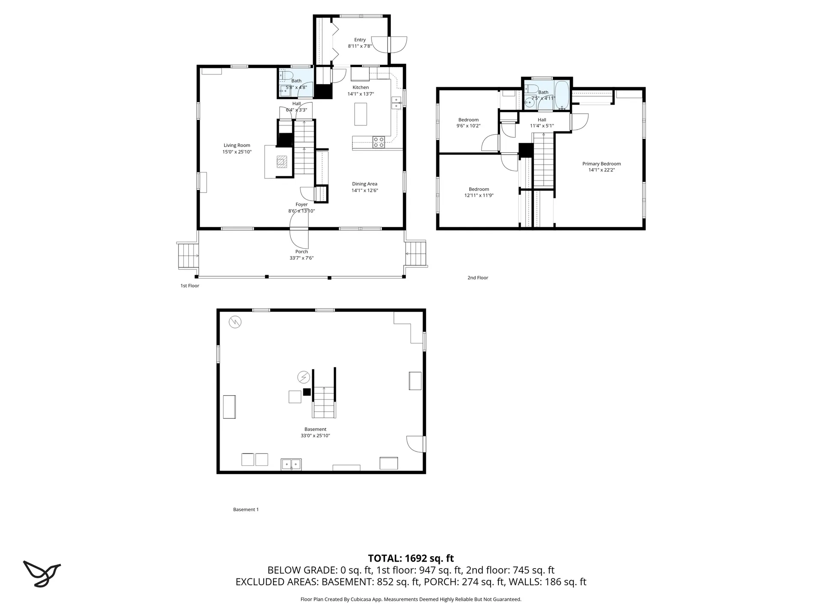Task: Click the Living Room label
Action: (x=237, y=145)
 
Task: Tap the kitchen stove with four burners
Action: (x=378, y=142)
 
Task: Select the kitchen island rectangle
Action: (x=360, y=114)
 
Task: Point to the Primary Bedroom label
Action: (x=601, y=164)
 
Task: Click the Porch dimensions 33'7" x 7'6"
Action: (x=301, y=258)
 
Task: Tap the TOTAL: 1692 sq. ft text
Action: (x=411, y=558)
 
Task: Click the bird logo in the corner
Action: (x=42, y=573)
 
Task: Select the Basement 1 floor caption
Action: (x=246, y=509)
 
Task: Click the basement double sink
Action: (x=291, y=464)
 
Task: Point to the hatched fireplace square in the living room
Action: (x=282, y=162)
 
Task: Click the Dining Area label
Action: (x=365, y=184)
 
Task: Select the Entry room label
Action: (x=360, y=40)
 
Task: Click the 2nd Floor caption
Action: (x=477, y=278)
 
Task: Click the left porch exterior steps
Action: (x=188, y=255)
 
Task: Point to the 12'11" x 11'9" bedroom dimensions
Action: (x=479, y=195)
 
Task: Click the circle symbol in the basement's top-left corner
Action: (x=235, y=322)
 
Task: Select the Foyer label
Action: (x=301, y=204)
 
